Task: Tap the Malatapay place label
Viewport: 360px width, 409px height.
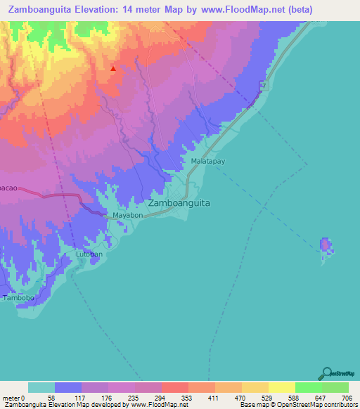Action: click(207, 162)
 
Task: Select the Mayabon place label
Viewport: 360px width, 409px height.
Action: click(128, 215)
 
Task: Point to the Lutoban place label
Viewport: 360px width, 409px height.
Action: click(89, 254)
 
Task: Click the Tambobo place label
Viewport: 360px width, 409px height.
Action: click(17, 298)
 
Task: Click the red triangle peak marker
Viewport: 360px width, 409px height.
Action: click(113, 69)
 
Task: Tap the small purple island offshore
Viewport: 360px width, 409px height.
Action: click(326, 245)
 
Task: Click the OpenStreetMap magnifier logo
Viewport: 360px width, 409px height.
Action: click(326, 375)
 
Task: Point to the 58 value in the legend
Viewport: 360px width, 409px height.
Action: click(48, 398)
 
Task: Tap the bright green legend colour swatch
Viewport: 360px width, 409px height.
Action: click(309, 387)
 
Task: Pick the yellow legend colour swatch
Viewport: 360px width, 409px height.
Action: click(282, 387)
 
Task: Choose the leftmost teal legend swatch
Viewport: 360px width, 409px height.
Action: click(41, 387)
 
